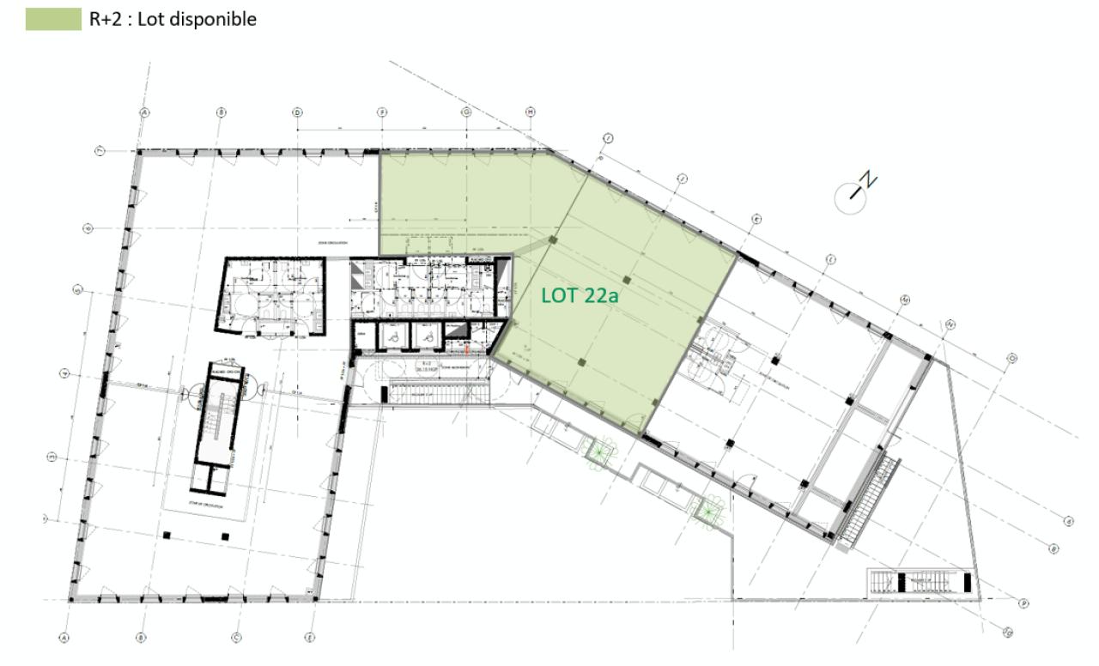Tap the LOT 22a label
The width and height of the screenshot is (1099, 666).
click(580, 296)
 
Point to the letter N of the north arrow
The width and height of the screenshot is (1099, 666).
click(870, 179)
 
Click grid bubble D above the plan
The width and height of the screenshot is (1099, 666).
click(297, 112)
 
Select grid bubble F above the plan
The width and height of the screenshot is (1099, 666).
click(383, 112)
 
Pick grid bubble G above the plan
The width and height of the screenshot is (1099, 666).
click(467, 112)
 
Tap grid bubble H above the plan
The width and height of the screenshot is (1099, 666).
click(531, 112)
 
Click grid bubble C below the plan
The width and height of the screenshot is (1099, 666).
click(235, 637)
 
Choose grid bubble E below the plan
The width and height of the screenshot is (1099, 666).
click(310, 637)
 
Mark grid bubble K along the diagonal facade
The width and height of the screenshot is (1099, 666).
click(756, 219)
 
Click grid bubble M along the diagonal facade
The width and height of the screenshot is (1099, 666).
click(905, 300)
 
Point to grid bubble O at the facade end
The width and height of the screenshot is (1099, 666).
click(1012, 358)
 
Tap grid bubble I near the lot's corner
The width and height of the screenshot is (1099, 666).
click(607, 138)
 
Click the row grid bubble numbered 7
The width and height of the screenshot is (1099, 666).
click(100, 151)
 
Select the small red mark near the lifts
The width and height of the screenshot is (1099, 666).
click(467, 348)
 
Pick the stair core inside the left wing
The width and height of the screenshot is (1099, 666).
click(213, 421)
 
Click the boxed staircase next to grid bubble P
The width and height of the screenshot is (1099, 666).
click(920, 582)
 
